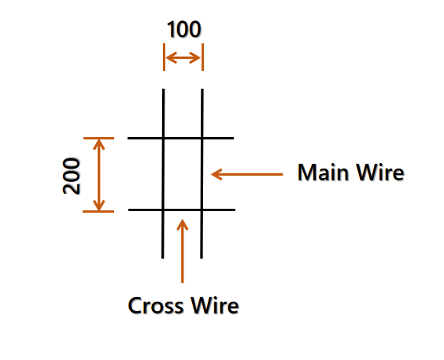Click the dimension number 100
click(x=184, y=29)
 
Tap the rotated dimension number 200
click(x=72, y=176)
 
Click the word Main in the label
click(x=323, y=173)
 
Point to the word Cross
click(x=156, y=306)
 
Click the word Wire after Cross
click(x=215, y=306)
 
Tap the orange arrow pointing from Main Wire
click(x=247, y=174)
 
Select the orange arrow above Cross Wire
click(x=183, y=251)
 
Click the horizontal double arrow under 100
click(x=183, y=58)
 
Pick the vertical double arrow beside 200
click(x=99, y=175)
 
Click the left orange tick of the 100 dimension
click(x=164, y=57)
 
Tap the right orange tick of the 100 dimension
click(x=202, y=57)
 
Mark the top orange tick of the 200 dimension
click(x=99, y=138)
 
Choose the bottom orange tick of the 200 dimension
click(x=98, y=211)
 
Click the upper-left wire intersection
click(x=164, y=138)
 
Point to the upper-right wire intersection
click(x=202, y=138)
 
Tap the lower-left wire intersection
click(x=163, y=210)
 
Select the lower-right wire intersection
click(x=202, y=210)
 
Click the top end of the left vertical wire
click(x=164, y=89)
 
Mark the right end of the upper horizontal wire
click(x=233, y=138)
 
